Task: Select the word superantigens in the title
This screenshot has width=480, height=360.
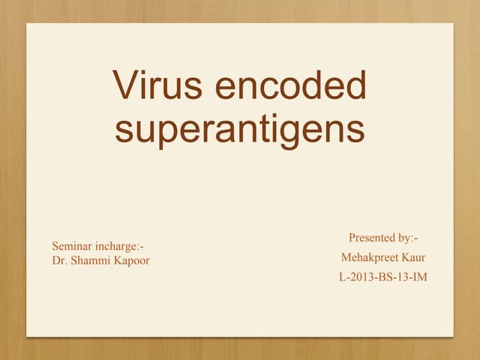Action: (x=240, y=129)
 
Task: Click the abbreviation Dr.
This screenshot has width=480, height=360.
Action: (x=58, y=260)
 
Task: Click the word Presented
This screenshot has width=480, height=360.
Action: (x=373, y=238)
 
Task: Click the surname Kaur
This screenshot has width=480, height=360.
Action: (x=412, y=258)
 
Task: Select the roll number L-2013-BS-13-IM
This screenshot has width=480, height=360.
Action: (x=383, y=278)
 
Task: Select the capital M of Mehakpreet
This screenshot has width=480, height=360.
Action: (x=346, y=258)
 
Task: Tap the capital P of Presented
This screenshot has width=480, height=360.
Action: (x=352, y=238)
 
